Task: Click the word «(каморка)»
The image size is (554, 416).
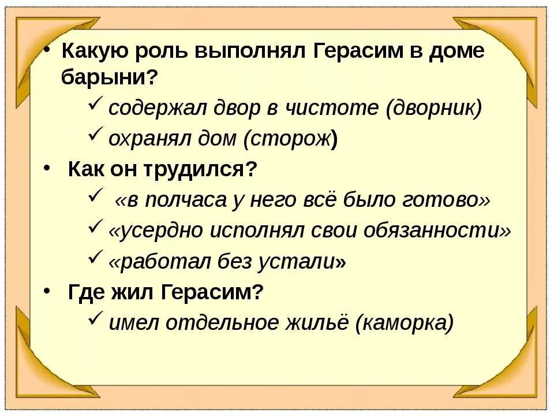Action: click(x=405, y=323)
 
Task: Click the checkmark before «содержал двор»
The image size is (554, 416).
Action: click(x=96, y=106)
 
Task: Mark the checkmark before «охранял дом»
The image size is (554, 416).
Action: click(x=96, y=136)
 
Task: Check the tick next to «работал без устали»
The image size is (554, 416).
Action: click(x=96, y=259)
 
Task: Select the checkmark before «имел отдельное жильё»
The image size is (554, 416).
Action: click(x=96, y=320)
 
